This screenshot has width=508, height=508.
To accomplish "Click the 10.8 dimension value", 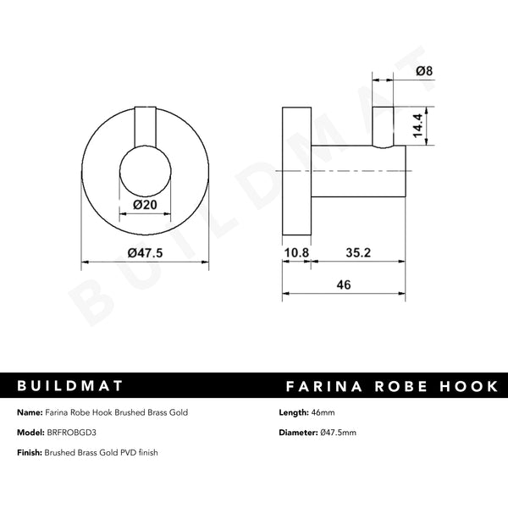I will coord(295,252).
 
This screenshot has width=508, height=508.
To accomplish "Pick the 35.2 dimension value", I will coord(357,252).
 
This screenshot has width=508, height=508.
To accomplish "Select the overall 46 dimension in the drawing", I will coord(344,285).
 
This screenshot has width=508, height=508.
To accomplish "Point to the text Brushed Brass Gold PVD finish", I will coord(103,453).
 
